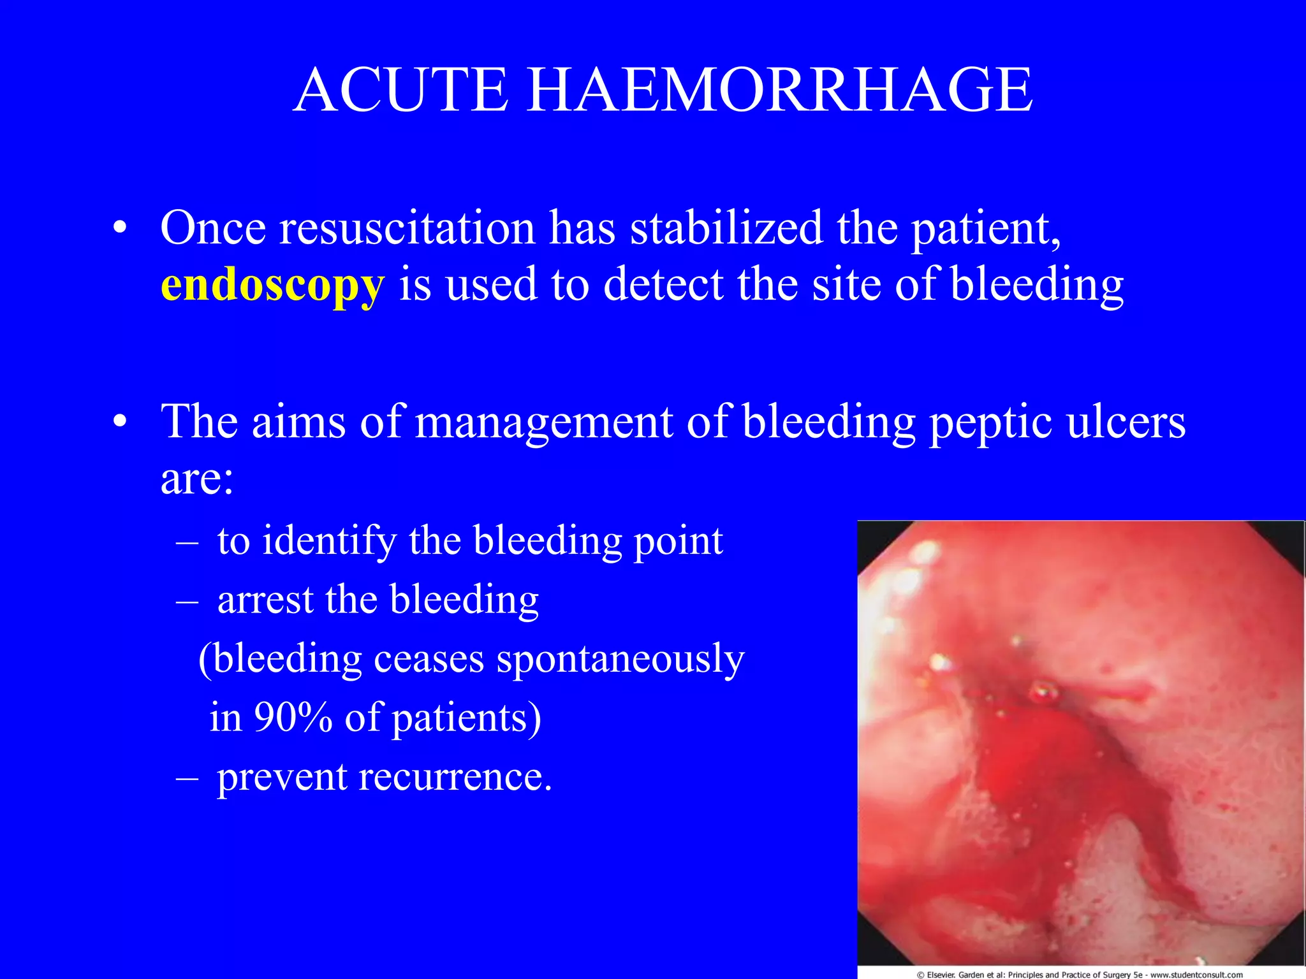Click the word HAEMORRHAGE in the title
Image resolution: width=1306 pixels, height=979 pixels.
[x=779, y=91]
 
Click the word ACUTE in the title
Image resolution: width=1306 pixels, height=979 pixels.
[x=401, y=91]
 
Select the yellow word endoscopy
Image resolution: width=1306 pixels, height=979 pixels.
[x=272, y=284]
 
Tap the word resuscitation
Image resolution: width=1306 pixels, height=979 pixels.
[x=407, y=228]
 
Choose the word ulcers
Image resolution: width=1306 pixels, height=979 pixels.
[x=1126, y=422]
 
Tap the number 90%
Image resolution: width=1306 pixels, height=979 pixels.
[x=293, y=717]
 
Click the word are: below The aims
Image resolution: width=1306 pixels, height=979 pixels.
[x=196, y=479]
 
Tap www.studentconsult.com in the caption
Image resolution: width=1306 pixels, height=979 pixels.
[x=1196, y=975]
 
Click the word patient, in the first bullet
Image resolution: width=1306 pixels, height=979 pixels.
[x=986, y=229]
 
